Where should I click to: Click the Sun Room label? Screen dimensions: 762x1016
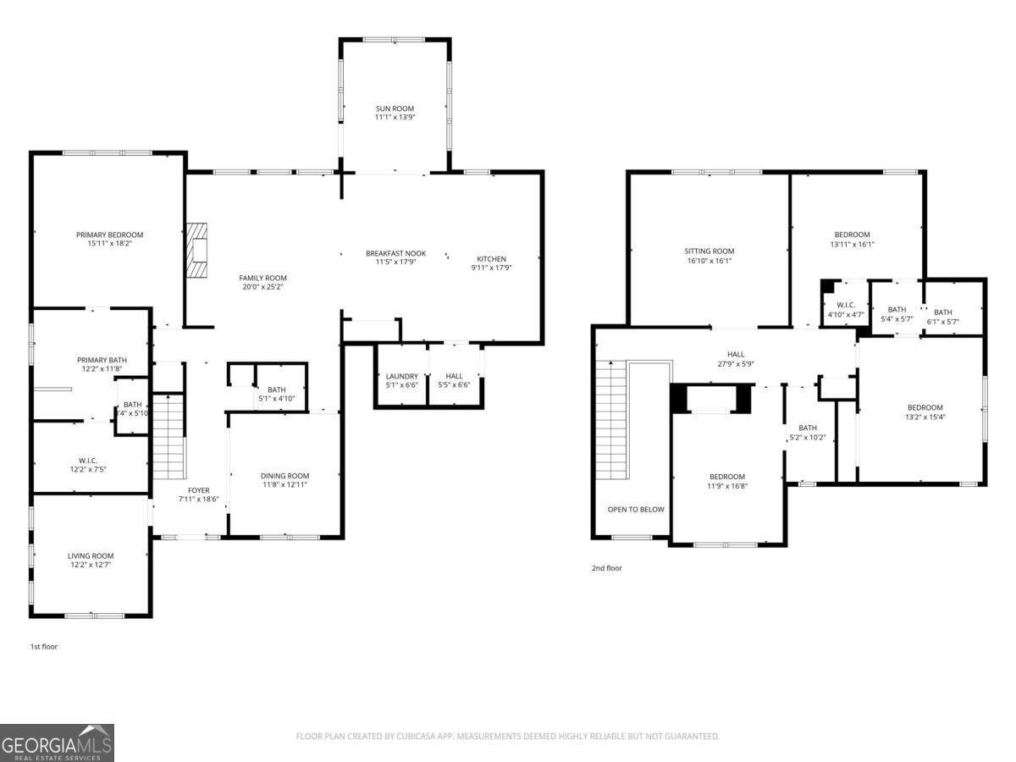395,109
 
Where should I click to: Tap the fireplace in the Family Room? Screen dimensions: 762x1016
197,251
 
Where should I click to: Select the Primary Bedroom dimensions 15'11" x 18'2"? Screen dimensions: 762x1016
109,244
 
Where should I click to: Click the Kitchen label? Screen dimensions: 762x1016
491,259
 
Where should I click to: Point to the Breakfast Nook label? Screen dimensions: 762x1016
395,253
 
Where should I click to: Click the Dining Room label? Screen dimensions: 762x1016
284,476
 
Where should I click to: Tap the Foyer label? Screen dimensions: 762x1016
198,490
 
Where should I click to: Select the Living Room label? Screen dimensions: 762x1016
91,556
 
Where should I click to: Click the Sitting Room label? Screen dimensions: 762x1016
709,251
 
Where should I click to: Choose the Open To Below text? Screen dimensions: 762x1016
636,510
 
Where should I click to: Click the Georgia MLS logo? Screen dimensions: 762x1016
57,743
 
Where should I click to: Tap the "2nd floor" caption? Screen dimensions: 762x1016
606,568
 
